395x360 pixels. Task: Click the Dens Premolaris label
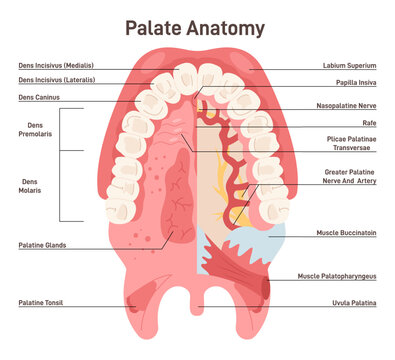(36, 132)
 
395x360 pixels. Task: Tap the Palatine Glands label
(42, 244)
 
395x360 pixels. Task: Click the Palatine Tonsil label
(41, 302)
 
